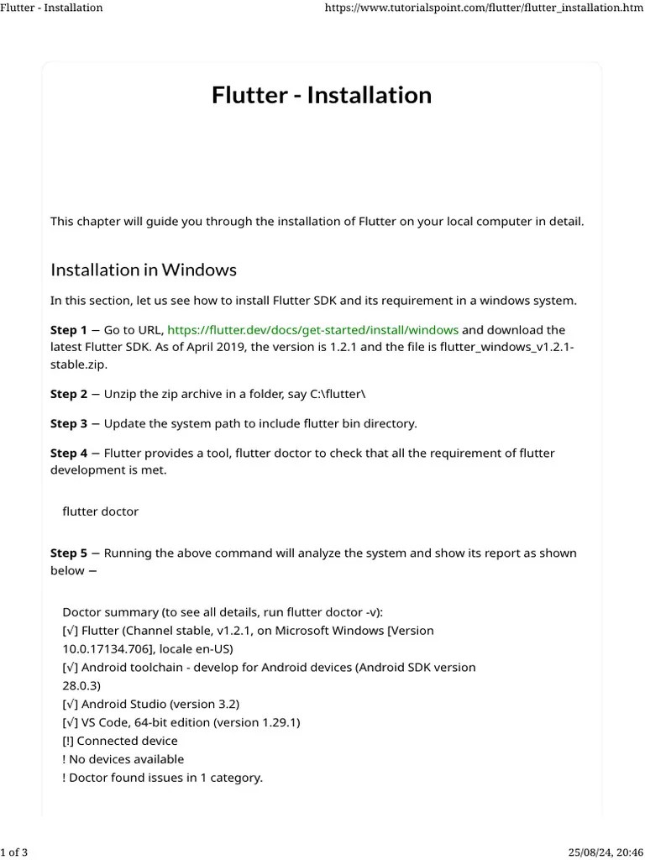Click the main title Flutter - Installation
322,95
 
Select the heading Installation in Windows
144,270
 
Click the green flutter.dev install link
312,330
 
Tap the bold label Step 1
69,330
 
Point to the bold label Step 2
69,394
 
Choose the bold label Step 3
69,423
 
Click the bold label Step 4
69,454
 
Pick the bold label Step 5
69,553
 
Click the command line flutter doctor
101,511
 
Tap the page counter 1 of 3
14,853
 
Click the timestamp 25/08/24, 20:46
604,853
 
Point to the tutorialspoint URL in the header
484,8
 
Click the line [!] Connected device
120,741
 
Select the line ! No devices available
123,759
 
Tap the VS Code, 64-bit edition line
181,722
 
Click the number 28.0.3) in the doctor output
81,685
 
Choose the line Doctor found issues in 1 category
162,778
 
